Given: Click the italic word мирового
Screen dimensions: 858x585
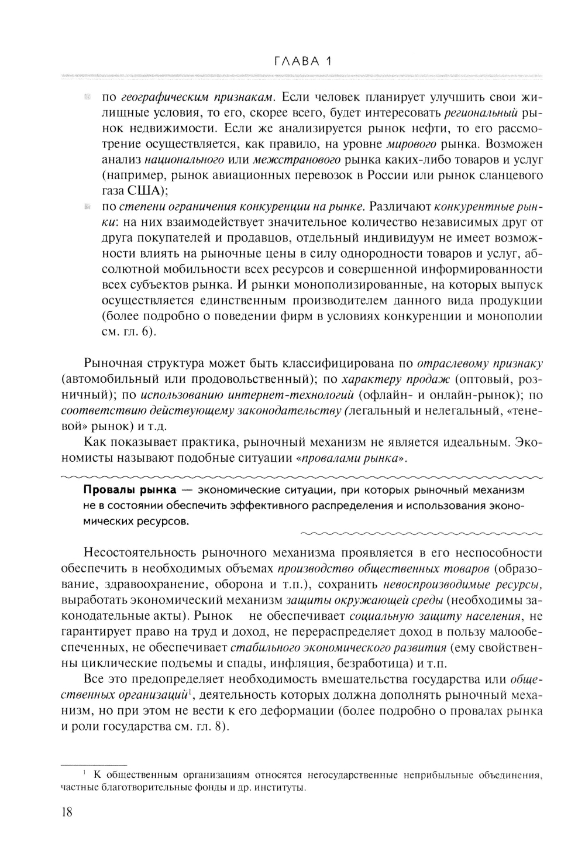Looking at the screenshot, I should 407,144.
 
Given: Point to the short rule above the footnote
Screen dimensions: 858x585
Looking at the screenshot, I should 94,765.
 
